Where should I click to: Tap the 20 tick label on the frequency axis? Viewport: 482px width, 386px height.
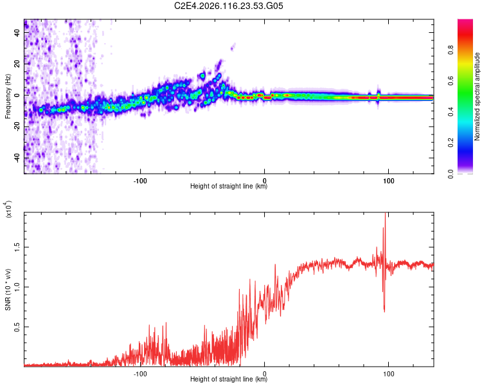click(17, 64)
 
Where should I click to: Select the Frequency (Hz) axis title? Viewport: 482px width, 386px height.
click(8, 96)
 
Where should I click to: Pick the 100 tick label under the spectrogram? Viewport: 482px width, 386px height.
click(388, 181)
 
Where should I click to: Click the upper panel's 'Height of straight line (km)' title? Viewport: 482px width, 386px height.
click(229, 187)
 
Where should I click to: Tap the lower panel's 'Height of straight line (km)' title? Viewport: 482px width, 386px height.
click(229, 379)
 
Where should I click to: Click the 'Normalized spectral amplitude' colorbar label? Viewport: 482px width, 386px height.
click(478, 96)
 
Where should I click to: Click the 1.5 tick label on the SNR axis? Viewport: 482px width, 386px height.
click(17, 246)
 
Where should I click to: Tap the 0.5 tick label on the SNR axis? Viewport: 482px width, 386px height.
click(17, 327)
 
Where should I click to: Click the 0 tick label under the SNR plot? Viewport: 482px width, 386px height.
click(265, 372)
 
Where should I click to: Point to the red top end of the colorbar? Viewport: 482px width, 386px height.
click(465, 23)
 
